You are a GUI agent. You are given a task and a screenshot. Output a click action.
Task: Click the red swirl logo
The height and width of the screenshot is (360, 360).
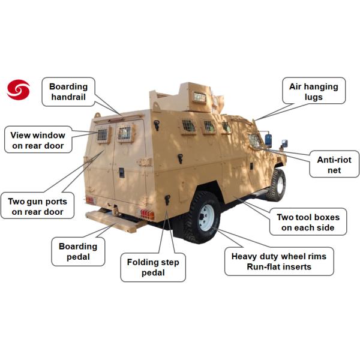(18, 90)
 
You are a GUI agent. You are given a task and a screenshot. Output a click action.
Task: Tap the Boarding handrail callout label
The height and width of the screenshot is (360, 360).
(68, 92)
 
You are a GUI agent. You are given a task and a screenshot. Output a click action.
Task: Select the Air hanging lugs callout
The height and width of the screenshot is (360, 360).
(314, 91)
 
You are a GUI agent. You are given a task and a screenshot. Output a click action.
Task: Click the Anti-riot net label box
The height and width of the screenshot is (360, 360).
(334, 164)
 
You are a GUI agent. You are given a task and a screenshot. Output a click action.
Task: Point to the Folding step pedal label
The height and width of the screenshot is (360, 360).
(153, 268)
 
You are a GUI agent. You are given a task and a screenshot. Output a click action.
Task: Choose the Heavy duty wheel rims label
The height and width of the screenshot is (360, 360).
(279, 262)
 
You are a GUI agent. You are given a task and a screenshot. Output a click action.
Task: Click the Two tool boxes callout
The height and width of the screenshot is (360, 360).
(308, 222)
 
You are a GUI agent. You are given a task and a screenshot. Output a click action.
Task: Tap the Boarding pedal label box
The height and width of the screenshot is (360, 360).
(78, 251)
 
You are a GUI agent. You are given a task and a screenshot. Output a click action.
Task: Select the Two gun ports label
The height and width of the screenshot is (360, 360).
(37, 206)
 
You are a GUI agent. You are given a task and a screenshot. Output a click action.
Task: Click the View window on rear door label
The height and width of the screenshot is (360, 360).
(38, 140)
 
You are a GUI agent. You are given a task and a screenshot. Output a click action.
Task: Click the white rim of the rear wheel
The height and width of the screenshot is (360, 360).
(206, 217)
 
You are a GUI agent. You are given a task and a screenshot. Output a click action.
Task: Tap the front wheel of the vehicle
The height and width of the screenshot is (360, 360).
(277, 185)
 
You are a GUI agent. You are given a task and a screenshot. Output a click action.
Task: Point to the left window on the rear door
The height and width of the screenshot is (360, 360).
(103, 134)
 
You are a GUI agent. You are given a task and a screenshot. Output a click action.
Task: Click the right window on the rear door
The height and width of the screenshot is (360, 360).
(124, 133)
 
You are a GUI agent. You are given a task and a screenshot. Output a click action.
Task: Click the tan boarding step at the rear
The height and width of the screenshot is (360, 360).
(115, 221)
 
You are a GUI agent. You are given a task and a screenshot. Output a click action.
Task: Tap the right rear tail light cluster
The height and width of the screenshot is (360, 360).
(148, 215)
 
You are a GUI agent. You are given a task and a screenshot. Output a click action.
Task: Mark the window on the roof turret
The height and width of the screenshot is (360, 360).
(200, 97)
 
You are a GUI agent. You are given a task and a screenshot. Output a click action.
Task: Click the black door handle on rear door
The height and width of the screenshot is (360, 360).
(122, 173)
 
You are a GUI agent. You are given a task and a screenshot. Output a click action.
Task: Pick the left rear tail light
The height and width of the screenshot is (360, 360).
(90, 200)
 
